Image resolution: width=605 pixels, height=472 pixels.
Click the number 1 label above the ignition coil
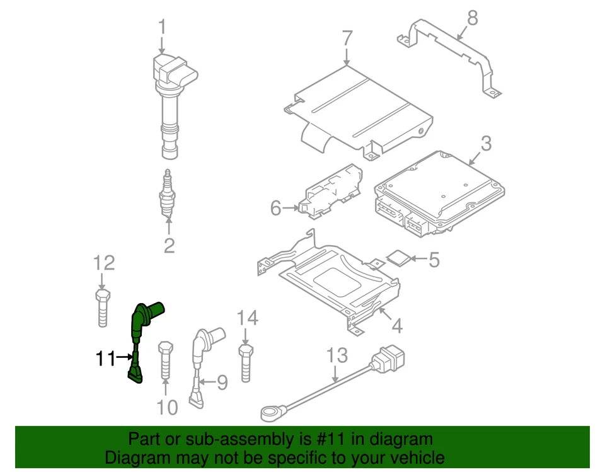162,28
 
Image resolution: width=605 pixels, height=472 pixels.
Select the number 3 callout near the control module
485,144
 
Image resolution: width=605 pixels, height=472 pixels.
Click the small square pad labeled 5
397,257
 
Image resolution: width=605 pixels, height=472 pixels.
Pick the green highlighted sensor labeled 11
139,334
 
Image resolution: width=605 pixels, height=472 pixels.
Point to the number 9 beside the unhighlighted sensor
222,383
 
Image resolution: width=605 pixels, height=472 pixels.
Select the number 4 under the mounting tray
396,326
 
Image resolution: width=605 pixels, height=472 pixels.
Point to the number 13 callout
337,355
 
